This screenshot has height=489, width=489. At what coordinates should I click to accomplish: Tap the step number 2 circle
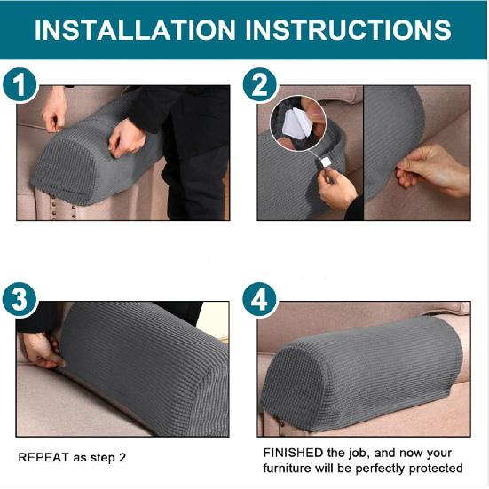click(x=260, y=87)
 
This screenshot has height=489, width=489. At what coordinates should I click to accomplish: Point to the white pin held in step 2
click(x=326, y=161)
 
